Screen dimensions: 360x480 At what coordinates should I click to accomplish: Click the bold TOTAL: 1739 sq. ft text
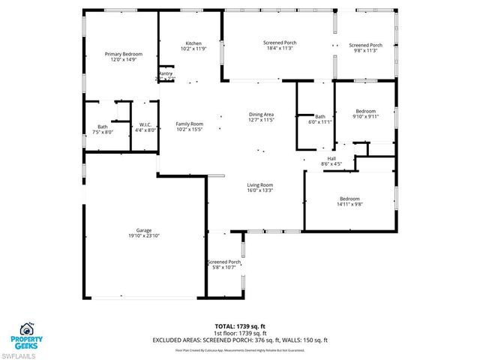240,327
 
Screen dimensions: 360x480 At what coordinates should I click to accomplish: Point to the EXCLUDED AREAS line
240,340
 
